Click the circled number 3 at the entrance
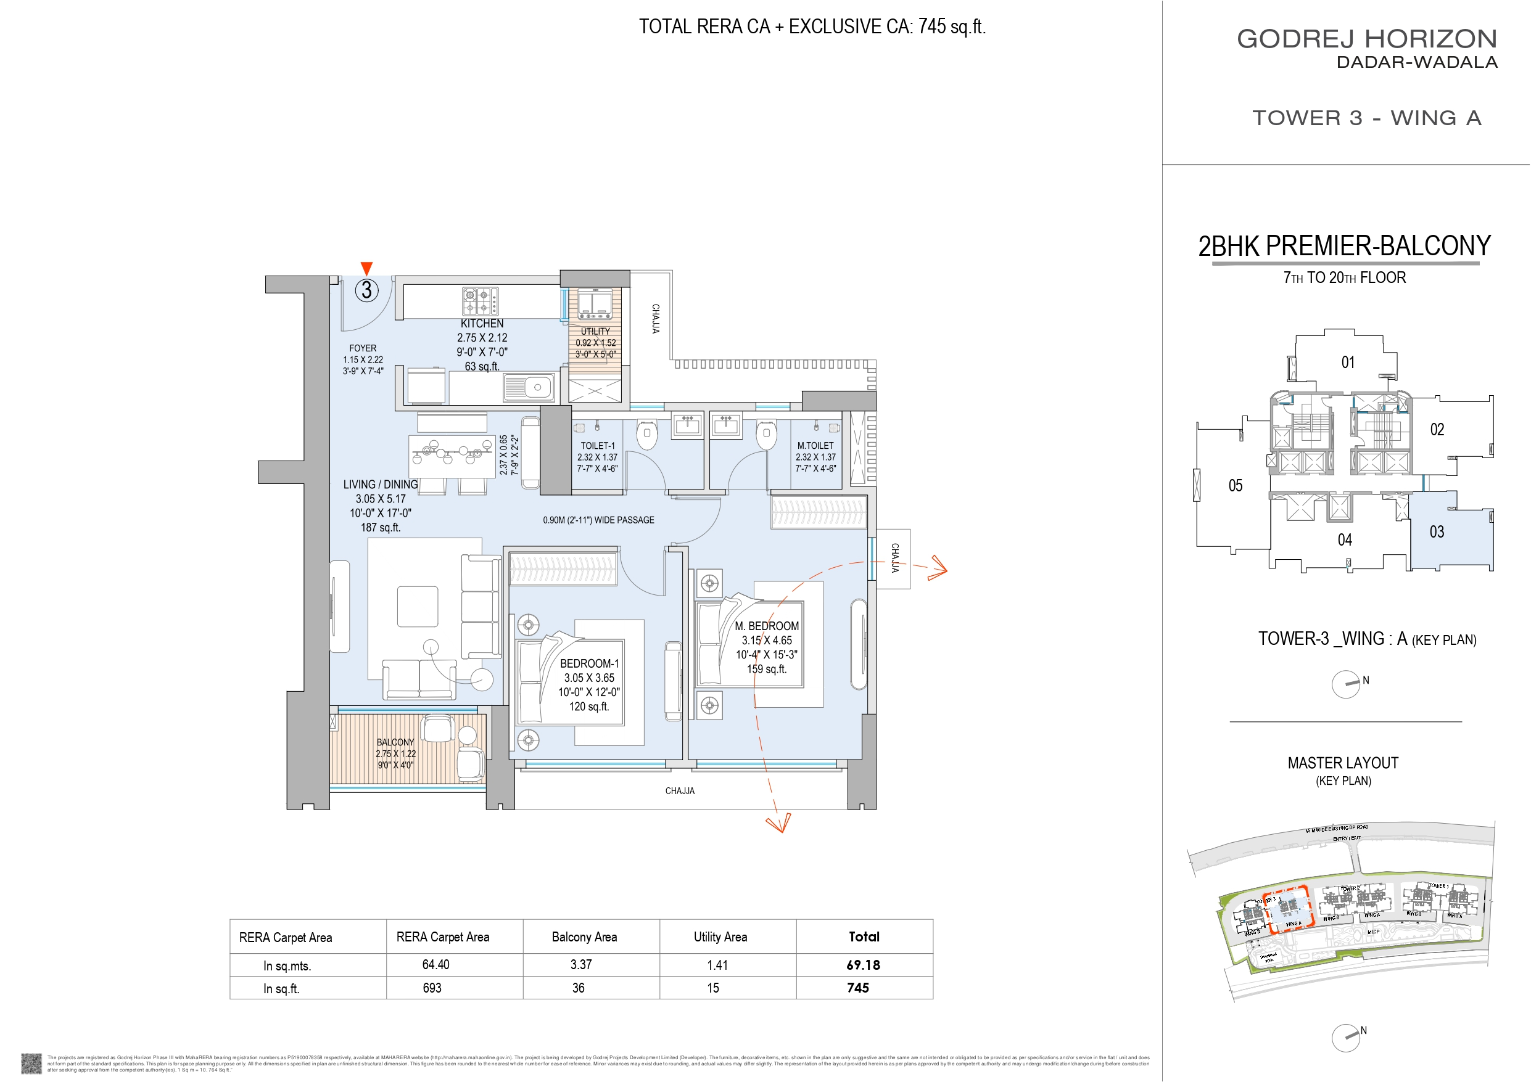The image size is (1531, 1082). tap(366, 290)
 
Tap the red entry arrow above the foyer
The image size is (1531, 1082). tap(366, 268)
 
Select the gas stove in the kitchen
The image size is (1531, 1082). tap(480, 301)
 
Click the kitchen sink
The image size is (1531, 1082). tap(528, 387)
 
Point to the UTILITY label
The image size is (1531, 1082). tap(595, 330)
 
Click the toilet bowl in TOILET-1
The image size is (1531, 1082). tap(646, 435)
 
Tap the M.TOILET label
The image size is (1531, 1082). tap(815, 445)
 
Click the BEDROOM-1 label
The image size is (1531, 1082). tap(589, 663)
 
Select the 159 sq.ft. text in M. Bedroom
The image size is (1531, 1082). tap(766, 669)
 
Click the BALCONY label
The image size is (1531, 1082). tap(395, 742)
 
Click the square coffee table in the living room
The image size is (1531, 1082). tap(418, 607)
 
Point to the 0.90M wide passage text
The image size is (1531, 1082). tap(598, 520)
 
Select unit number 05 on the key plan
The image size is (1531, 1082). tap(1235, 485)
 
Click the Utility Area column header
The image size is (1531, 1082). tap(720, 937)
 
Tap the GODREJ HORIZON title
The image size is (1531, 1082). tap(1366, 39)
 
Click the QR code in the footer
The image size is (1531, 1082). tap(31, 1063)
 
